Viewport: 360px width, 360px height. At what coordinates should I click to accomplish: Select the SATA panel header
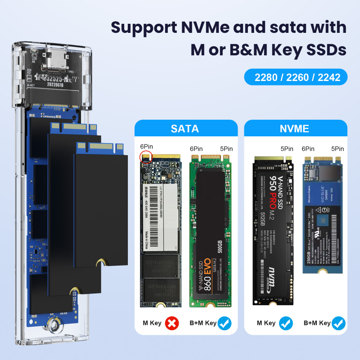[185, 129]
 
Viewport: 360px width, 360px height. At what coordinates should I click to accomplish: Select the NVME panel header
[294, 129]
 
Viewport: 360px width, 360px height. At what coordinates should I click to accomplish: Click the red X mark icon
[172, 323]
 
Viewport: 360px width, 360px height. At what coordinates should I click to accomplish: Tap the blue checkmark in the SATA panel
[225, 323]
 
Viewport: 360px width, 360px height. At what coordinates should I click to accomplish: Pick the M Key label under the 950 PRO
[266, 323]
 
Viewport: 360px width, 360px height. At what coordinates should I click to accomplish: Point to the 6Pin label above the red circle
[146, 147]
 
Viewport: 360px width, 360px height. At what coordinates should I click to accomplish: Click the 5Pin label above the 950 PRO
[287, 148]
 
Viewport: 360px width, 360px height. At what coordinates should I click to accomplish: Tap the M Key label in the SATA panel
[152, 323]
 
